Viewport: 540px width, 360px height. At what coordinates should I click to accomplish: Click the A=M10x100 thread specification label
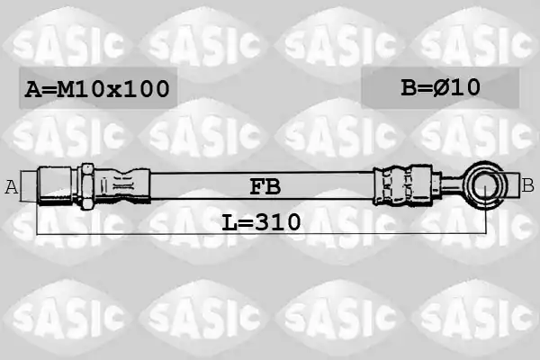(x=97, y=88)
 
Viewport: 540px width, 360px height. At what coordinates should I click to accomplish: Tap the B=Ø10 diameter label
(x=440, y=87)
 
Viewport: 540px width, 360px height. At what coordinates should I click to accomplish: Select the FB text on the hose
(x=265, y=186)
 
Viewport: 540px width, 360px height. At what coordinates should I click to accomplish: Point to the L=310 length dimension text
(x=261, y=222)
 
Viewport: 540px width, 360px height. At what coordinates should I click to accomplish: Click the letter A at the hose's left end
(x=12, y=187)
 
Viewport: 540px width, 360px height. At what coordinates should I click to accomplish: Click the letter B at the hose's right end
(x=527, y=185)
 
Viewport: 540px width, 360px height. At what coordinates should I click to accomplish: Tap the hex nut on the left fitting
(x=86, y=186)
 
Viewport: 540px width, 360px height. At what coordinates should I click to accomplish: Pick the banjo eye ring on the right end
(x=484, y=186)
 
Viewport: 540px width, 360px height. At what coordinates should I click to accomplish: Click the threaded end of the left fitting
(x=55, y=186)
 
